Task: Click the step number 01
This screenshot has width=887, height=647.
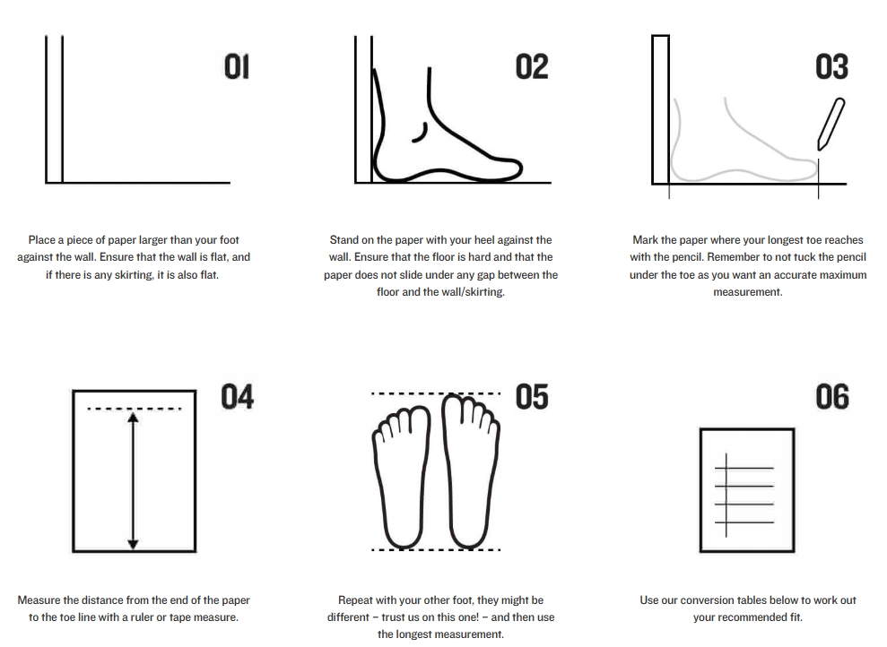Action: pyautogui.click(x=237, y=66)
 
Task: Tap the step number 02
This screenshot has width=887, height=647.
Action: pyautogui.click(x=532, y=66)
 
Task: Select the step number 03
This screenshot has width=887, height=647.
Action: pyautogui.click(x=831, y=66)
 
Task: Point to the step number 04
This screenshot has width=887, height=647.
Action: pyautogui.click(x=237, y=397)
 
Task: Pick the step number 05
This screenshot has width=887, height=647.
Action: pyautogui.click(x=532, y=397)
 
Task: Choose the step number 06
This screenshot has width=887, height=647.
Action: pyautogui.click(x=832, y=397)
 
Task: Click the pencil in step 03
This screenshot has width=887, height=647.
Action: pyautogui.click(x=831, y=125)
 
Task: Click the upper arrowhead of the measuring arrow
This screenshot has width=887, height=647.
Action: pyautogui.click(x=133, y=418)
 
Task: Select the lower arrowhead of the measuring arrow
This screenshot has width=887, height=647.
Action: pyautogui.click(x=133, y=544)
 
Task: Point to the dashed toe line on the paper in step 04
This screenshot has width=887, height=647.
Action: pyautogui.click(x=134, y=408)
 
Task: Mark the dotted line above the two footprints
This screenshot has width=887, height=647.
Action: pyautogui.click(x=436, y=393)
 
